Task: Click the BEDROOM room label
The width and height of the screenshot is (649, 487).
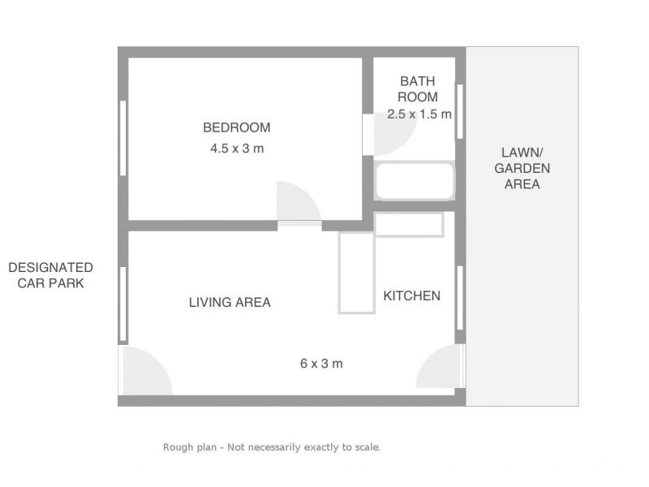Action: (237, 127)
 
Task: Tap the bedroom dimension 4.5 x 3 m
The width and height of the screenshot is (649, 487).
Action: (237, 149)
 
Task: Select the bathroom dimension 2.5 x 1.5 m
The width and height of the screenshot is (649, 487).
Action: (419, 114)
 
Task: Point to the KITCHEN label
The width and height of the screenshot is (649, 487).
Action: (412, 295)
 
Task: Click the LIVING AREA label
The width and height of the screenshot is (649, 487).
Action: (230, 302)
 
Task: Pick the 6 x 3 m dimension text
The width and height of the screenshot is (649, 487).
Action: (321, 364)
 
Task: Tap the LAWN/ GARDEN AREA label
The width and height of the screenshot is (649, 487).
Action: (522, 168)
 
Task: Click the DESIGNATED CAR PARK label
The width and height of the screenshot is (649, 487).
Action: (50, 275)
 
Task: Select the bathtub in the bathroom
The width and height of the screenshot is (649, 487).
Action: (415, 181)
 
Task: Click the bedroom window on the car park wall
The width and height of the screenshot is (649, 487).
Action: (123, 138)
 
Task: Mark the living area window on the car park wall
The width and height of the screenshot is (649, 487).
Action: (123, 304)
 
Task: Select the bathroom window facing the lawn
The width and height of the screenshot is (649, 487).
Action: (459, 111)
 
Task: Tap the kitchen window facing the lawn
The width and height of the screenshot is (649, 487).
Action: (460, 298)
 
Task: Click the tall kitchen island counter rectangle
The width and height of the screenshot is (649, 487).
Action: (357, 273)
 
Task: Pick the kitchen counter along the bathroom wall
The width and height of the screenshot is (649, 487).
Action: (409, 225)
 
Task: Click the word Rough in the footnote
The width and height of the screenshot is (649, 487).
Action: (177, 447)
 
